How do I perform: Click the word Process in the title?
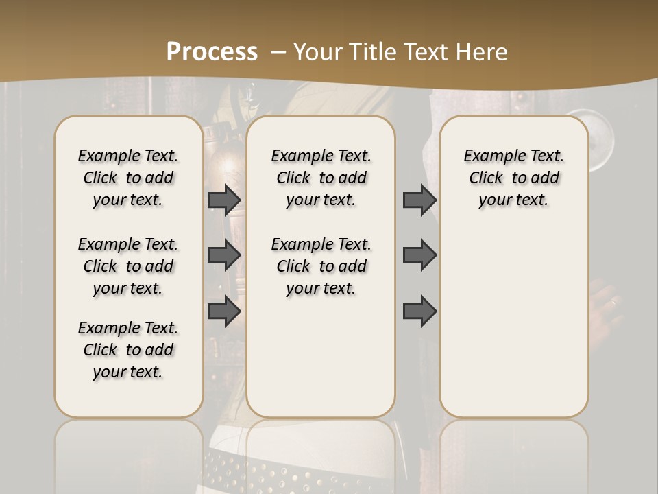[212, 52]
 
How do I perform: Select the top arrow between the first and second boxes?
[224, 200]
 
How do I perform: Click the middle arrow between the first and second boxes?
[224, 255]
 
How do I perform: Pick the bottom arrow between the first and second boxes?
[224, 311]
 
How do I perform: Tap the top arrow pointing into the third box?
[419, 200]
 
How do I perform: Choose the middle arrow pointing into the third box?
[419, 255]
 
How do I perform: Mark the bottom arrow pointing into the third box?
[419, 311]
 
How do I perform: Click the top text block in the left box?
[128, 178]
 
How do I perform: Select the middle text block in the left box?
[128, 266]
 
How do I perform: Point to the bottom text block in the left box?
[128, 350]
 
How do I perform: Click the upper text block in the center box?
[321, 178]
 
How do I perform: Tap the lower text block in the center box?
[321, 266]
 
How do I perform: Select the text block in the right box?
[513, 178]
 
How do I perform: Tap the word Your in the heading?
[318, 52]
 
